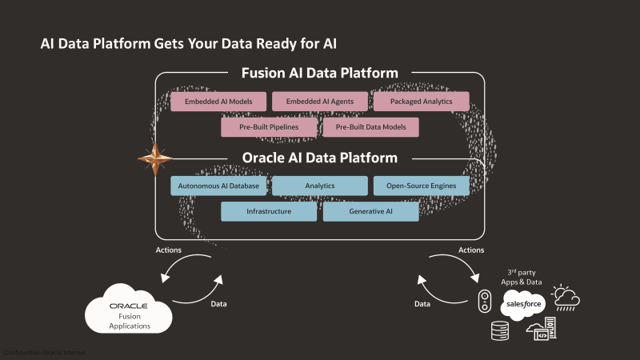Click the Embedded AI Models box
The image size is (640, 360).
click(x=218, y=102)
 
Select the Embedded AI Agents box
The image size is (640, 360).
click(x=319, y=102)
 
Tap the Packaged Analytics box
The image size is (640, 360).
click(x=421, y=102)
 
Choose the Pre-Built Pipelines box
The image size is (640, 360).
click(x=269, y=127)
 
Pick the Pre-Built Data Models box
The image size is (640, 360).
click(x=370, y=127)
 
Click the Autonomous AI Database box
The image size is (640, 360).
click(x=218, y=186)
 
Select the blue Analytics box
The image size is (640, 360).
click(x=319, y=186)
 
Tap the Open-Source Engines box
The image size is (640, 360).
click(x=421, y=186)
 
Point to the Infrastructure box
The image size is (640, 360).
click(x=269, y=212)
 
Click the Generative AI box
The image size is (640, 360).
click(x=370, y=212)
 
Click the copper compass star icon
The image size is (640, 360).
click(x=154, y=159)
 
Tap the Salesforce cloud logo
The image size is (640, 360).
click(x=522, y=305)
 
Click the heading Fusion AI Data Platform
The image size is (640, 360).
click(x=319, y=74)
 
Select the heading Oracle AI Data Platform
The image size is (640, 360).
click(x=319, y=158)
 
